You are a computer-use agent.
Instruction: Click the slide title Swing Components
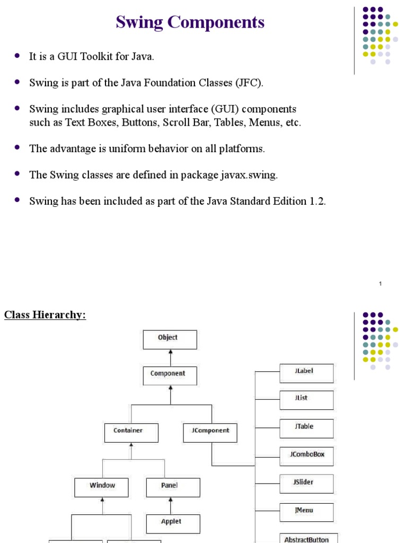[x=190, y=22]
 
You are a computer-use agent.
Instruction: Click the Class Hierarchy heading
[x=45, y=315]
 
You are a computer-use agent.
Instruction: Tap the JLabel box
[x=306, y=373]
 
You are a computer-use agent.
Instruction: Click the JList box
[x=306, y=400]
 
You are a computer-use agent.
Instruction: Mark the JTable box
[x=306, y=428]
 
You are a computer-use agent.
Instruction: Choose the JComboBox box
[x=306, y=456]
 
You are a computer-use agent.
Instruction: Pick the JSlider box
[x=306, y=484]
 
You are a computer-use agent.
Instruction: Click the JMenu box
[x=306, y=512]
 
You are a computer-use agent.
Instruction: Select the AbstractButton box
[x=306, y=538]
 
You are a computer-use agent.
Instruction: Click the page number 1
[x=381, y=284]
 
